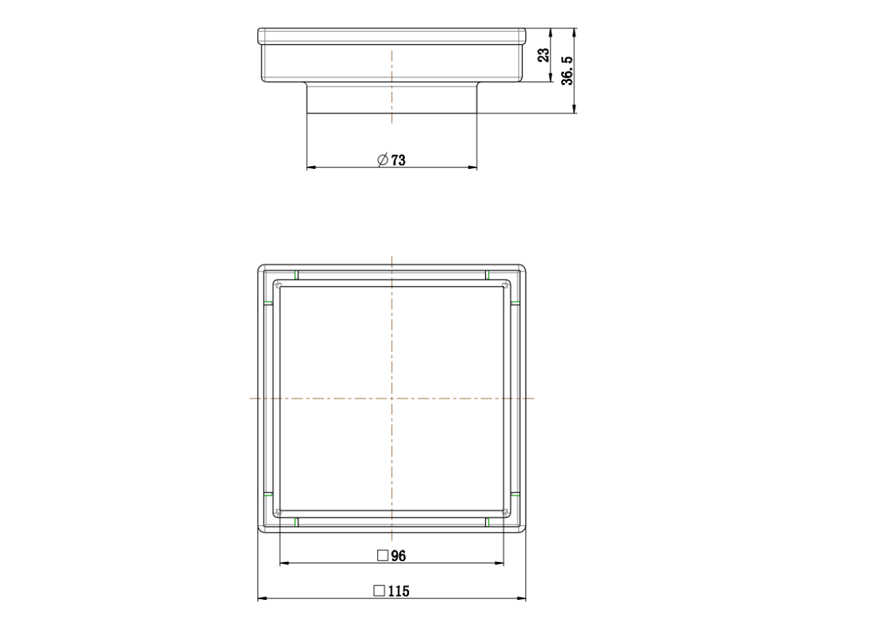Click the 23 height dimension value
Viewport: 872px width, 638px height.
[544, 55]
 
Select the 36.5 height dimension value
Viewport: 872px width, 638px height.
[567, 71]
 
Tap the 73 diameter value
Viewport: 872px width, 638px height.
[398, 161]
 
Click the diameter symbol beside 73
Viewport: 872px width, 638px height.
[383, 160]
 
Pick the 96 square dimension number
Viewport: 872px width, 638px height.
[398, 556]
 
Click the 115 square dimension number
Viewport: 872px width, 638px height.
[399, 592]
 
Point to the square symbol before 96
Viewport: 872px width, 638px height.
[383, 556]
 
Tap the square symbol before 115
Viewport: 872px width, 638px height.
[379, 591]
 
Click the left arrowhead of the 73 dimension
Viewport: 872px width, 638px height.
[311, 167]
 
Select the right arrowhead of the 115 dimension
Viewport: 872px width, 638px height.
[521, 599]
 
